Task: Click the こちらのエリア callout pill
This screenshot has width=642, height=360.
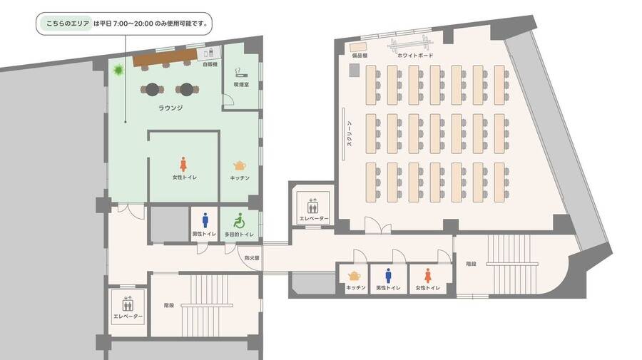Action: pyautogui.click(x=64, y=24)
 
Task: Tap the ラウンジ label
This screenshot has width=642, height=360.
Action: pyautogui.click(x=170, y=108)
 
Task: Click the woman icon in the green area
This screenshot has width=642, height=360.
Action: pyautogui.click(x=184, y=163)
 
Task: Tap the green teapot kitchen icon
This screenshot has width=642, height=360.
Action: pyautogui.click(x=240, y=165)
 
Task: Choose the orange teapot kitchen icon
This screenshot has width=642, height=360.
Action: pyautogui.click(x=354, y=276)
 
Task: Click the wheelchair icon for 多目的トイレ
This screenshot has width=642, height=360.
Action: pyautogui.click(x=239, y=221)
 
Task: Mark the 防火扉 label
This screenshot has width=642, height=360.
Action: pyautogui.click(x=252, y=258)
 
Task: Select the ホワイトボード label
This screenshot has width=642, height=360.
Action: pyautogui.click(x=415, y=55)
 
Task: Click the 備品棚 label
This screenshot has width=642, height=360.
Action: pyautogui.click(x=359, y=55)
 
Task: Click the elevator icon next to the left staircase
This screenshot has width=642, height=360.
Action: pyautogui.click(x=128, y=302)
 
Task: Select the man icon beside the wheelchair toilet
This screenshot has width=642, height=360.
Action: pyautogui.click(x=205, y=221)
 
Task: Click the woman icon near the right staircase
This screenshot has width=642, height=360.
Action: pyautogui.click(x=428, y=275)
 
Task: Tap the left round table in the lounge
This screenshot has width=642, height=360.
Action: pyautogui.click(x=153, y=89)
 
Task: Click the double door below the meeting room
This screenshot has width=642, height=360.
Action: pyautogui.click(x=377, y=227)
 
